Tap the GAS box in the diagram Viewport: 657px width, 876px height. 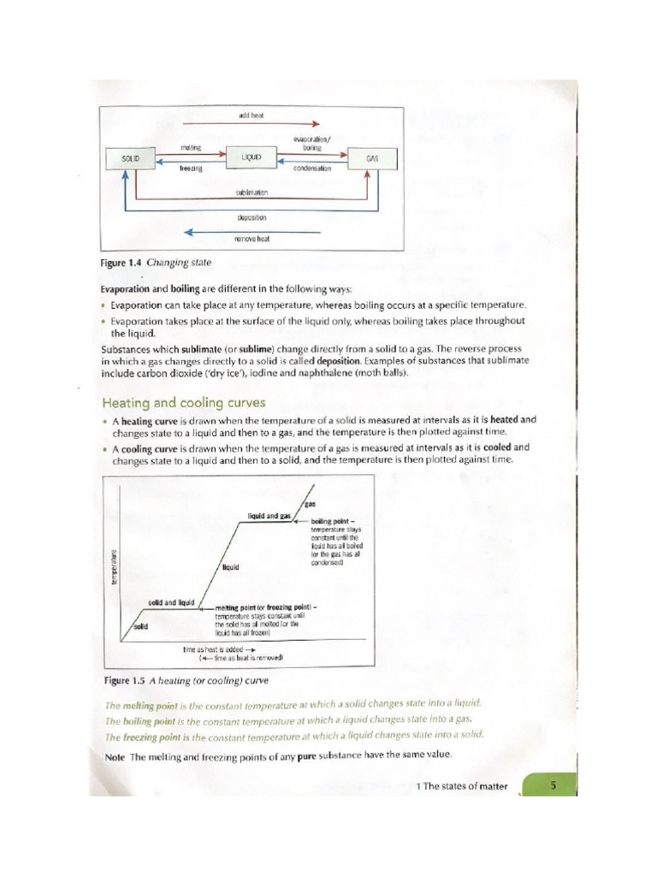coord(371,158)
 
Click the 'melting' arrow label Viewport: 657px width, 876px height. coord(190,148)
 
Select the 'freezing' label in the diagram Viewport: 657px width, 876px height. coord(190,169)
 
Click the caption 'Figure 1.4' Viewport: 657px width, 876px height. coord(123,263)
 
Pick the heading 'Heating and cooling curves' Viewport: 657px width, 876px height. coord(183,402)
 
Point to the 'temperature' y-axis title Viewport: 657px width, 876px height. coord(113,567)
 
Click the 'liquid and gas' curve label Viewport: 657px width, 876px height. coord(269,517)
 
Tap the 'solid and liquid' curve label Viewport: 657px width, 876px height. coord(172,602)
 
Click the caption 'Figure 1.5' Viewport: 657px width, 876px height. coord(123,681)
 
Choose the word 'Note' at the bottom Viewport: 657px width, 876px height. coord(115,755)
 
